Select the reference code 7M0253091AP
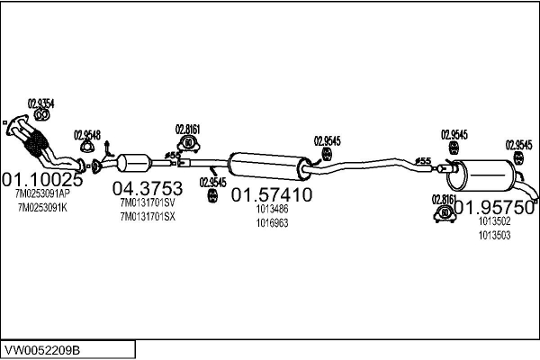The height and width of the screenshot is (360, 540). pyautogui.click(x=41, y=193)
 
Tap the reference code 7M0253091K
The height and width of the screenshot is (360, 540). pyautogui.click(x=41, y=208)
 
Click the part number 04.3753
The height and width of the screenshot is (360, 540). pyautogui.click(x=147, y=188)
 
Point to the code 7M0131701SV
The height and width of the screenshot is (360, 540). pyautogui.click(x=147, y=202)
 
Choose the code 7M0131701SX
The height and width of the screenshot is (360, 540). pyautogui.click(x=147, y=216)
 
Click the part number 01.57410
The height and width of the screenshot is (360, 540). pyautogui.click(x=273, y=194)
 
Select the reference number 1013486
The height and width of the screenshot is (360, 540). pyautogui.click(x=273, y=209)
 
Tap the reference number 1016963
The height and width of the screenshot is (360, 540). pyautogui.click(x=273, y=222)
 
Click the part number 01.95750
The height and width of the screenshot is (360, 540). pyautogui.click(x=494, y=207)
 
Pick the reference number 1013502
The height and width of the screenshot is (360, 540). pyautogui.click(x=494, y=221)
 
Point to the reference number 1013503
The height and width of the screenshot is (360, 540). pyautogui.click(x=494, y=235)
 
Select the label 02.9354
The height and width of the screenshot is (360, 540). pyautogui.click(x=40, y=102)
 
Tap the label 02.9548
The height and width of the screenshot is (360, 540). pyautogui.click(x=87, y=134)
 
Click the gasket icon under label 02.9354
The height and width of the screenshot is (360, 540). pyautogui.click(x=41, y=114)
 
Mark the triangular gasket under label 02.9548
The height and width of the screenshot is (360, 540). pyautogui.click(x=87, y=148)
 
